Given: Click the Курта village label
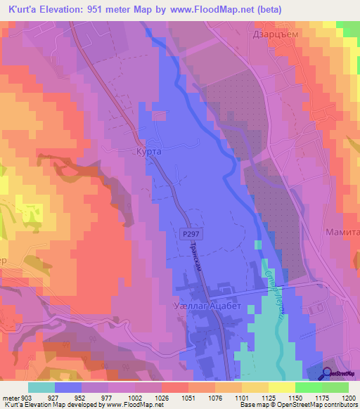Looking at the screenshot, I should pyautogui.click(x=148, y=151).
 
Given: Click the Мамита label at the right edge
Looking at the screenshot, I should pyautogui.click(x=342, y=232).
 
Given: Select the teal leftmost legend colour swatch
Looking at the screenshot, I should pyautogui.click(x=41, y=387).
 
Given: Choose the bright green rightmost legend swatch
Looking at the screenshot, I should pyautogui.click(x=335, y=387).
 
